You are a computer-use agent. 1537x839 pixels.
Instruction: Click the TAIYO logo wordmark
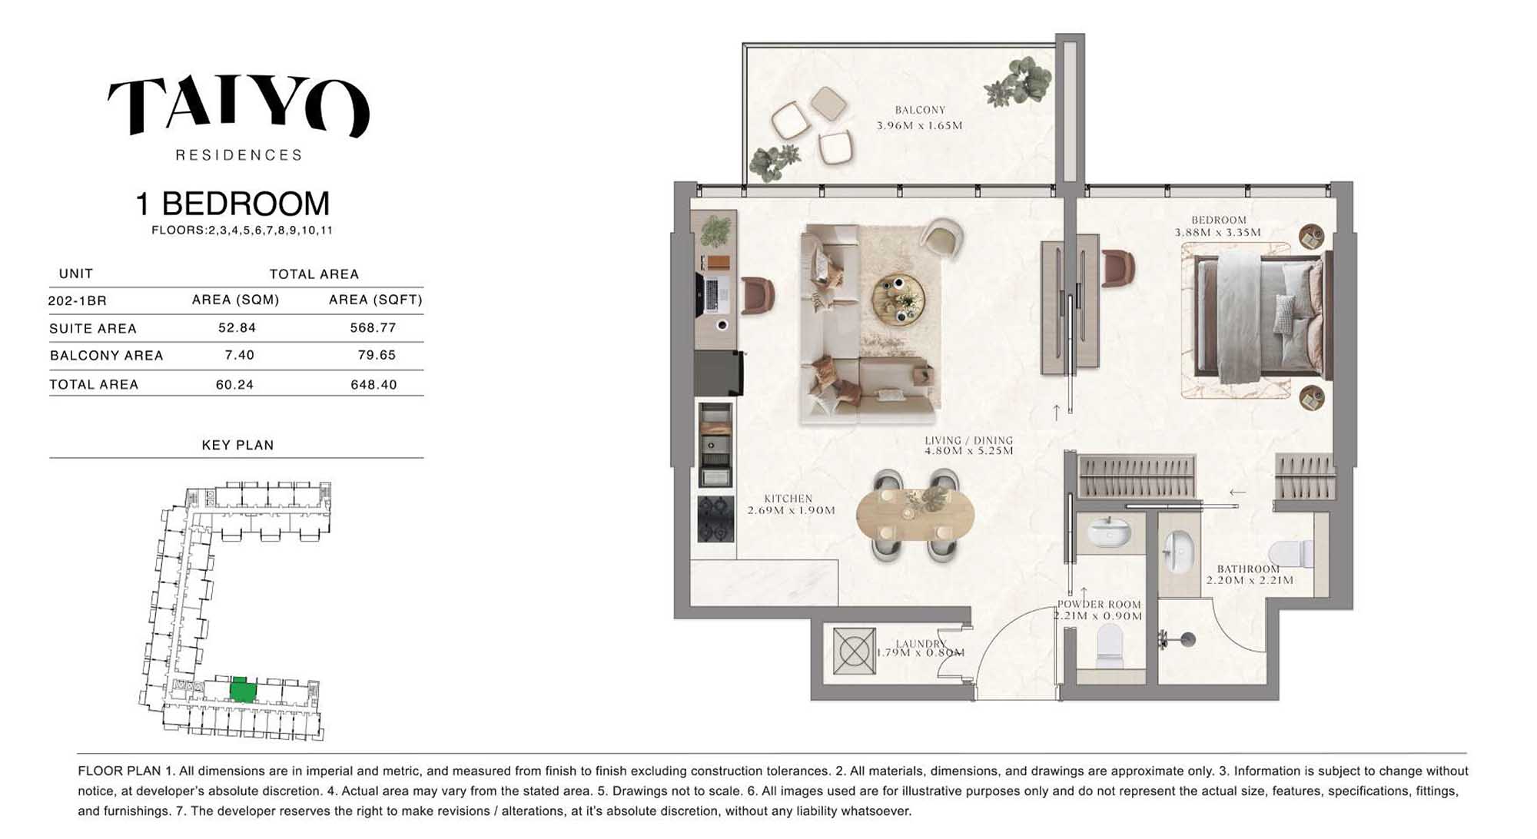(238, 106)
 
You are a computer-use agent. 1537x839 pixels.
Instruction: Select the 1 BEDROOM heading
(232, 204)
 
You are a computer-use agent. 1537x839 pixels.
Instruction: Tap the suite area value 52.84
(237, 327)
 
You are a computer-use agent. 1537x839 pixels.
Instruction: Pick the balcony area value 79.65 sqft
(377, 355)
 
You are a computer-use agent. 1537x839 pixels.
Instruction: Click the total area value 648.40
(373, 384)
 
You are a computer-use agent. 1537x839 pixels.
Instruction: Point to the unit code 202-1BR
(77, 300)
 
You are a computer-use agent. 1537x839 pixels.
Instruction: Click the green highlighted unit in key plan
(243, 690)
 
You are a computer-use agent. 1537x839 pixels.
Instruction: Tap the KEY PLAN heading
(237, 445)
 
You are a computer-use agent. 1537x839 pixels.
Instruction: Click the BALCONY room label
(920, 110)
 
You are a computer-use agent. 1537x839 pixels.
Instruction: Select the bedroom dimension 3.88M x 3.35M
(1217, 232)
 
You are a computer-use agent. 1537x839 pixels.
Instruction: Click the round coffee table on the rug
(898, 299)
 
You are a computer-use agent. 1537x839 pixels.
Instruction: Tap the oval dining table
(915, 514)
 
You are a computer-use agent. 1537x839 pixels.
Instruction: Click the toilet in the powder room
(1109, 645)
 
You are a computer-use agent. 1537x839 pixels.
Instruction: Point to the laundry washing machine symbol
(854, 652)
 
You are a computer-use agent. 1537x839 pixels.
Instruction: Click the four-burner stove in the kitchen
(715, 519)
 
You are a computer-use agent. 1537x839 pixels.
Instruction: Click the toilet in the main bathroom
(1291, 553)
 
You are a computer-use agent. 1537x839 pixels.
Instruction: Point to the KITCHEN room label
(788, 499)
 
